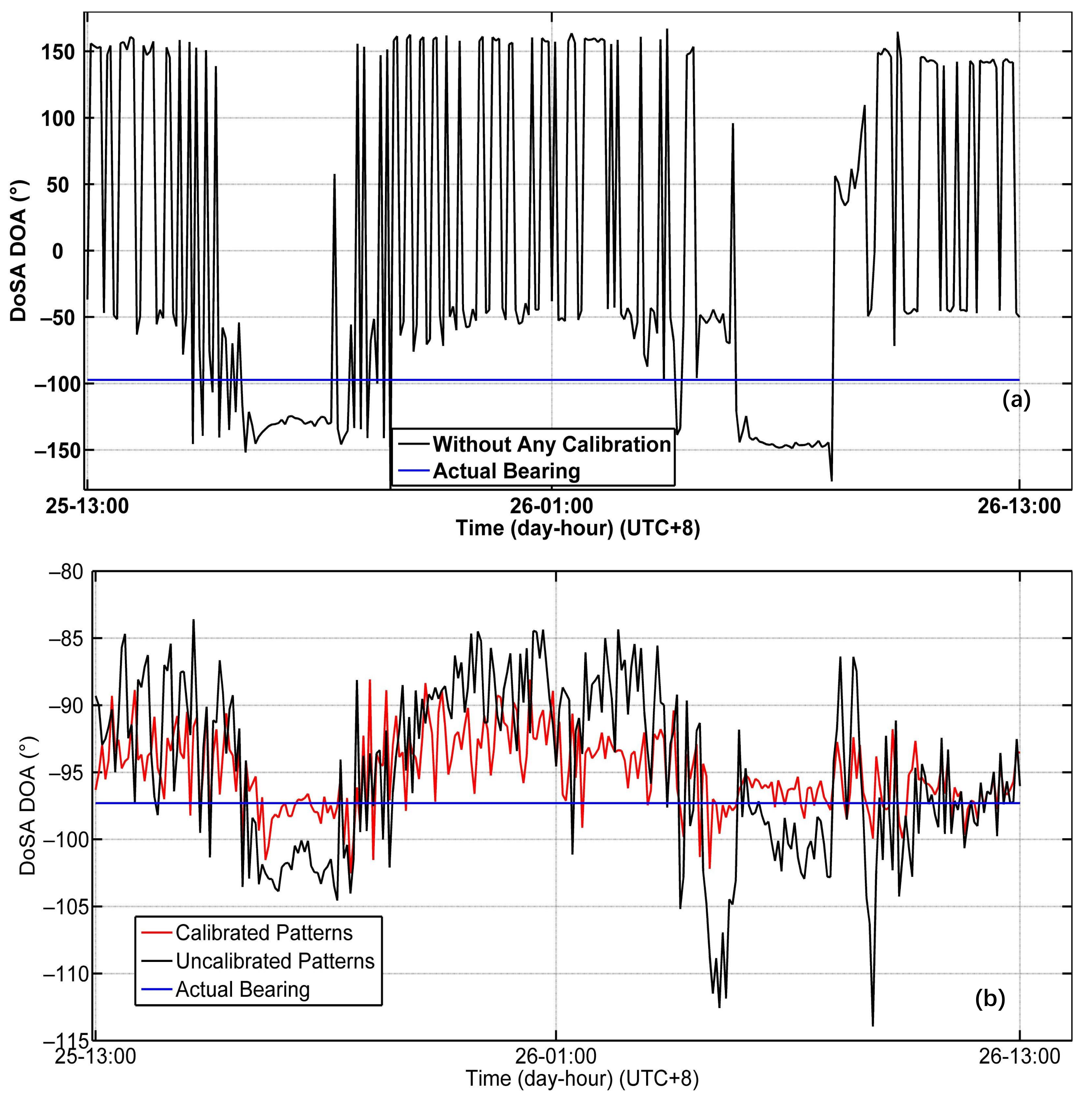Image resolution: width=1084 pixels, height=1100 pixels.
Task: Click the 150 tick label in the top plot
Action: [x=58, y=52]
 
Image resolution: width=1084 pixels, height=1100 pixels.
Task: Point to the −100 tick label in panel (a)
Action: [x=54, y=384]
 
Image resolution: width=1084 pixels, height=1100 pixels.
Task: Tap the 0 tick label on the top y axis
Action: [x=58, y=251]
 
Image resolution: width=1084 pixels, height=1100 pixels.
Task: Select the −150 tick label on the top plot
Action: [x=54, y=451]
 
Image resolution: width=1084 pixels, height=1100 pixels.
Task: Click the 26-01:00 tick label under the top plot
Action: [x=551, y=506]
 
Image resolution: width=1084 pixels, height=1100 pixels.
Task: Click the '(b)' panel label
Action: [x=990, y=999]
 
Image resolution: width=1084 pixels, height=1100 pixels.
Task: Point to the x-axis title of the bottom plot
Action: [x=582, y=1079]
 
